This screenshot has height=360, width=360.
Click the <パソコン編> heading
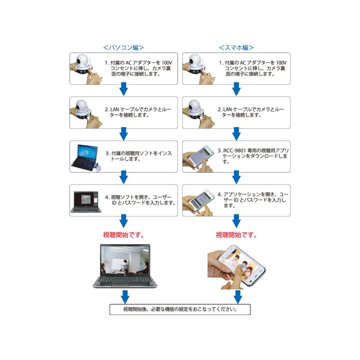123,48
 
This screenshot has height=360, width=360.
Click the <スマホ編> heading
236,48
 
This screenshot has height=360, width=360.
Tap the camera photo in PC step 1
86,69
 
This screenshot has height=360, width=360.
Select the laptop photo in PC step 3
85,158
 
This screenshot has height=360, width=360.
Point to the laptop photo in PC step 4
86,202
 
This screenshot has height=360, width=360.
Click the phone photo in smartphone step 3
198,158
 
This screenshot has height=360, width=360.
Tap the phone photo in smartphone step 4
198,202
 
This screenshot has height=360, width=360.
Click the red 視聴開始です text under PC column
123,235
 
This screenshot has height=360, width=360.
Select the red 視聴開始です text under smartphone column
236,235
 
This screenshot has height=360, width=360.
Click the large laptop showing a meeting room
125,266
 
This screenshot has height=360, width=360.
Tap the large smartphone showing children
236,267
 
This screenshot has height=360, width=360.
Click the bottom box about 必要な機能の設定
180,310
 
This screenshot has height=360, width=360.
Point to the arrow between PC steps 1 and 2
124,89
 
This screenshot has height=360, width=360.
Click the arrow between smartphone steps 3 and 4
237,177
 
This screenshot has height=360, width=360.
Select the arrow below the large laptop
125,297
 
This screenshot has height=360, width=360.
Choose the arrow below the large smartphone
238,297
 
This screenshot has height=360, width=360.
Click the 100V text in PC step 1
167,63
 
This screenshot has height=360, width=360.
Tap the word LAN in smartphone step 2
228,109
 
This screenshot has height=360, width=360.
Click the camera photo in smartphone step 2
198,113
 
